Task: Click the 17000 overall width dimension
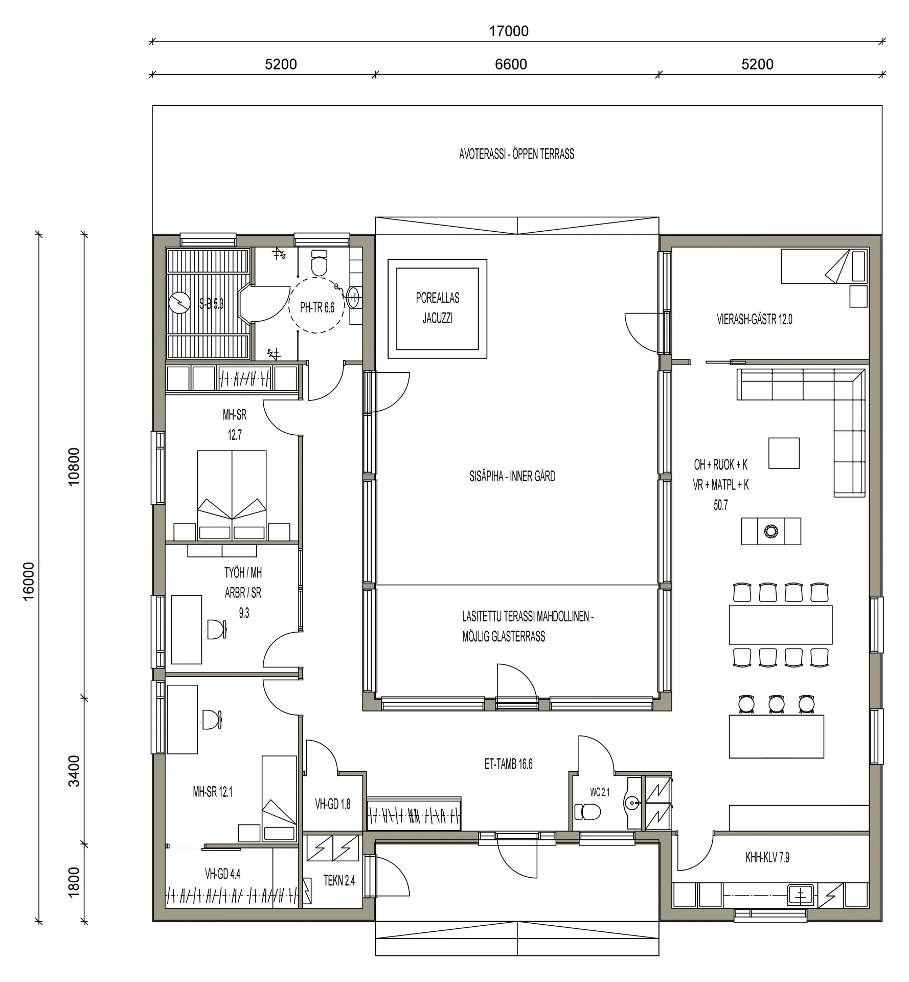(509, 31)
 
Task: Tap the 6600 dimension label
(511, 64)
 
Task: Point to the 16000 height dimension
(29, 581)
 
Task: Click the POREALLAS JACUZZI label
(438, 308)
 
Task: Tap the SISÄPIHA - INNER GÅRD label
(512, 476)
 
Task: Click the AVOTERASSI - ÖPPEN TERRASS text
(516, 154)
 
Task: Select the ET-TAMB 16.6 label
(508, 764)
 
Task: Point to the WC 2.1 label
(600, 792)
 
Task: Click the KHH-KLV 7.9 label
(767, 858)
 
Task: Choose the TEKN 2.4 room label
(339, 881)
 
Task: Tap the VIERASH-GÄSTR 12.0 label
(755, 320)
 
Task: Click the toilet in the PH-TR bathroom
(319, 263)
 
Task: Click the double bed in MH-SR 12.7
(232, 495)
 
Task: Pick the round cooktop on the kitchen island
(770, 531)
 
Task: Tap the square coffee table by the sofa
(784, 453)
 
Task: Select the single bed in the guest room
(824, 266)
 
